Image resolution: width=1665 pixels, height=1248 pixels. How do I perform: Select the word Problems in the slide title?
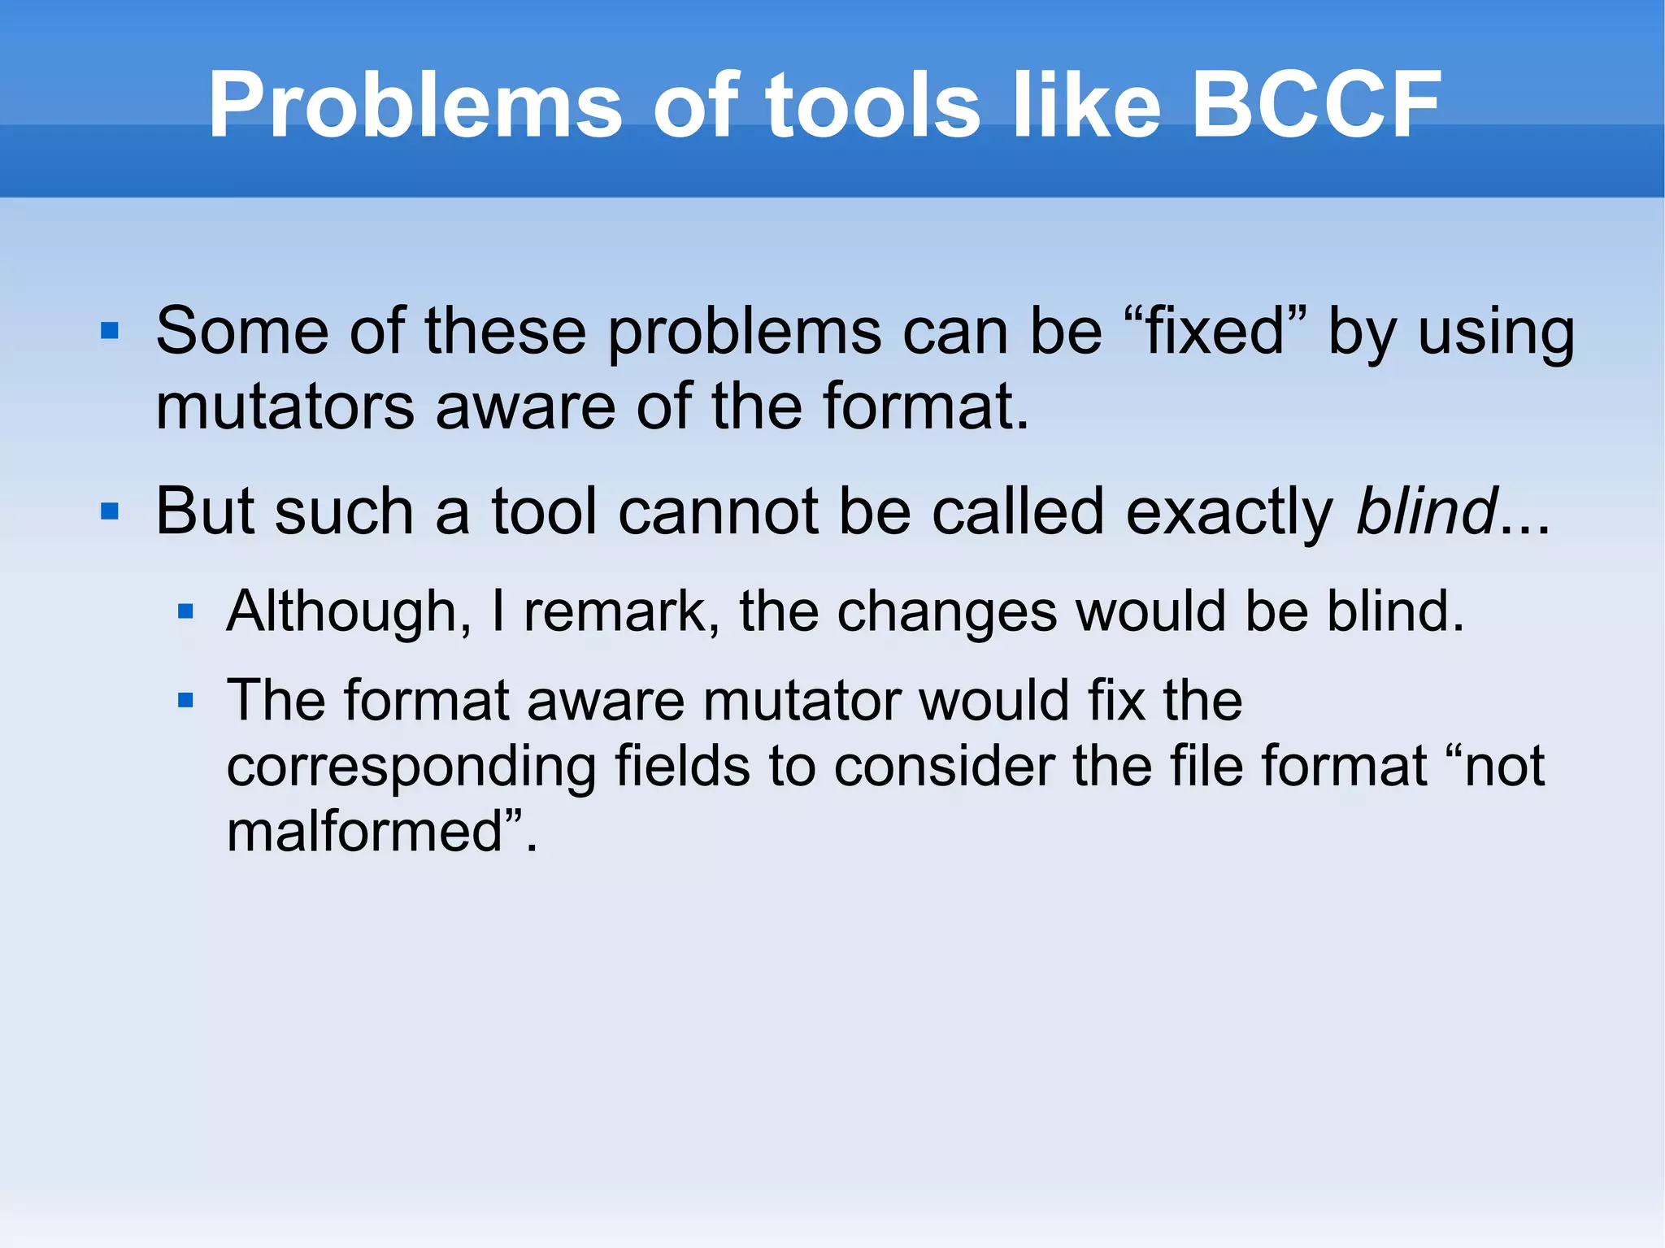pos(415,105)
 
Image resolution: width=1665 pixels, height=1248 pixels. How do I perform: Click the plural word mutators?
pos(285,406)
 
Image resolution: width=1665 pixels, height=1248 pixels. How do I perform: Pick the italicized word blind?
pos(1427,511)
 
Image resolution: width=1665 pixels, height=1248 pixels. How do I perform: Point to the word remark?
pos(621,611)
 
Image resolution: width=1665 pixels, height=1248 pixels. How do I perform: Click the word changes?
pos(947,611)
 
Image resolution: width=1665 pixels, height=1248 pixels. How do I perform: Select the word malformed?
pos(366,831)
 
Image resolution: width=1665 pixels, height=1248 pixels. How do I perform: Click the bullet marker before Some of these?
pos(110,331)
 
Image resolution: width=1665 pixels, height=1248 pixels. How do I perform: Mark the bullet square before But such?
pos(110,511)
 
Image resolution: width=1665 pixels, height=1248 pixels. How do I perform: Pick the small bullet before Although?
pos(185,611)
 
